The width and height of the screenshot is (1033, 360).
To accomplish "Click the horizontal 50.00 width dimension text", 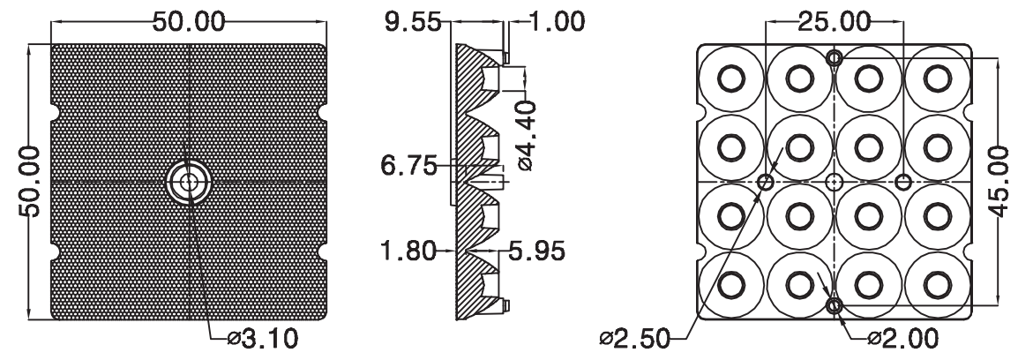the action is pos(189,22).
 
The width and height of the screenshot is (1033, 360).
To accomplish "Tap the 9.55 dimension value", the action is pos(413,22).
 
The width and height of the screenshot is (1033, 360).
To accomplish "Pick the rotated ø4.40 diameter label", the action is pos(527,136).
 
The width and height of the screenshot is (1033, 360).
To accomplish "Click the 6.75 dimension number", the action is pos(409,166).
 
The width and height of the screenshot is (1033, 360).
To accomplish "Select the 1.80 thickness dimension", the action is pos(408,251).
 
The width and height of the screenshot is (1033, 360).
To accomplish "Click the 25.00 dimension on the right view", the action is pos(835,22).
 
